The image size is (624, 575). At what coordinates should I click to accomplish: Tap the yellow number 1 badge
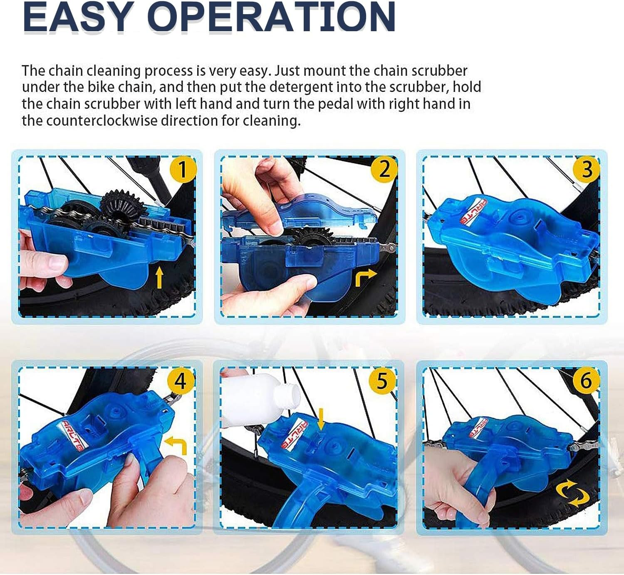pos(182,170)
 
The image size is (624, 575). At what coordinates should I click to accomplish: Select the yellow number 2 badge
pos(385,169)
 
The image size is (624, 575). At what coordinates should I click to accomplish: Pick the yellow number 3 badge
pos(587,169)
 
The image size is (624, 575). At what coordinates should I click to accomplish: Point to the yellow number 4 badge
pos(181,381)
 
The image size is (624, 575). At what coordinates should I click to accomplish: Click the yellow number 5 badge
pos(382,381)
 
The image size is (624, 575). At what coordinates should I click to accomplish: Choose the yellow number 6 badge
pos(585,381)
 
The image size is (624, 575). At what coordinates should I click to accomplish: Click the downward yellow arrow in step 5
pos(320,419)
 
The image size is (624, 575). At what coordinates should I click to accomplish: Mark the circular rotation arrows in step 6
pos(573,493)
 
